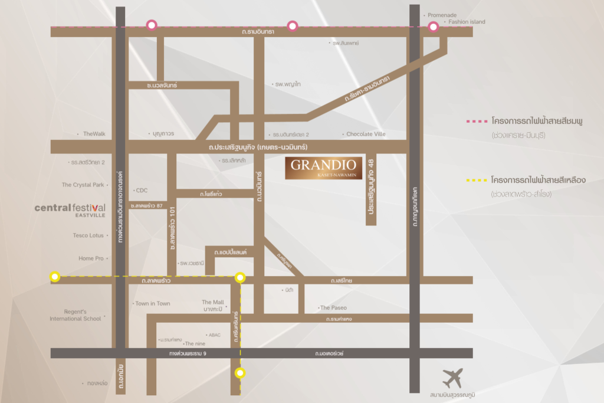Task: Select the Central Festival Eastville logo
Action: pos(70,209)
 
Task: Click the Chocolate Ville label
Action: pos(366,134)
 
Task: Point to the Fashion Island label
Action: pos(466,22)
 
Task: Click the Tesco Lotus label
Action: pos(88,235)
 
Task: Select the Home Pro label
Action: pos(91,258)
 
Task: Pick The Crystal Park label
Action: pos(83,185)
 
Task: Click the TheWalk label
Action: pos(94,134)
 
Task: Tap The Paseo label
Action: pos(333,308)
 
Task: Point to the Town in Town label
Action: pos(153,303)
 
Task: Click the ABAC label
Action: pos(214,335)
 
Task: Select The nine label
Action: pos(195,343)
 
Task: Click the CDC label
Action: pos(142,191)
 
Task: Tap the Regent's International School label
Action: pos(75,315)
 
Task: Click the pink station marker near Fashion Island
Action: pos(434,27)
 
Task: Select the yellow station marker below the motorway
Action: pos(239,372)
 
